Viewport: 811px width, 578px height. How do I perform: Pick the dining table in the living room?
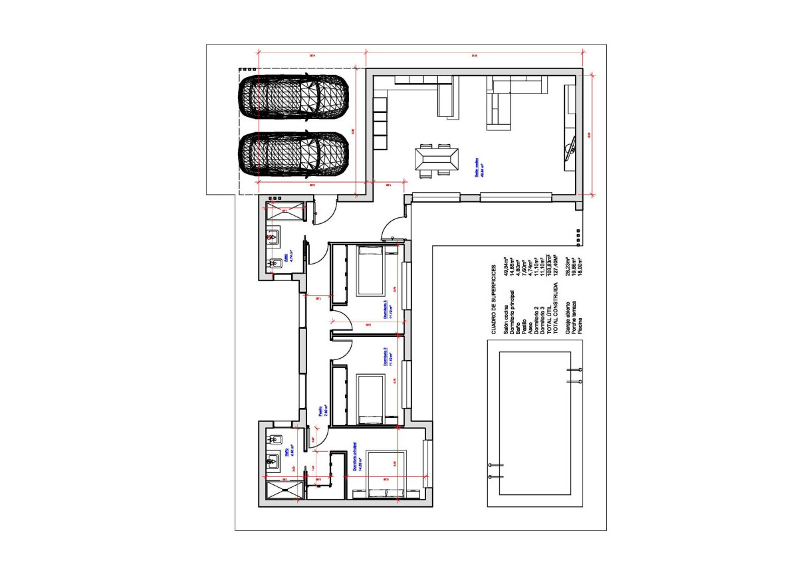[436, 159]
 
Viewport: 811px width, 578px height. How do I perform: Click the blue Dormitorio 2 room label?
[386, 357]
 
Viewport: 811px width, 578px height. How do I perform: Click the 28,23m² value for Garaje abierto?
[567, 265]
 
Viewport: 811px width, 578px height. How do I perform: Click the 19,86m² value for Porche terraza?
[574, 265]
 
